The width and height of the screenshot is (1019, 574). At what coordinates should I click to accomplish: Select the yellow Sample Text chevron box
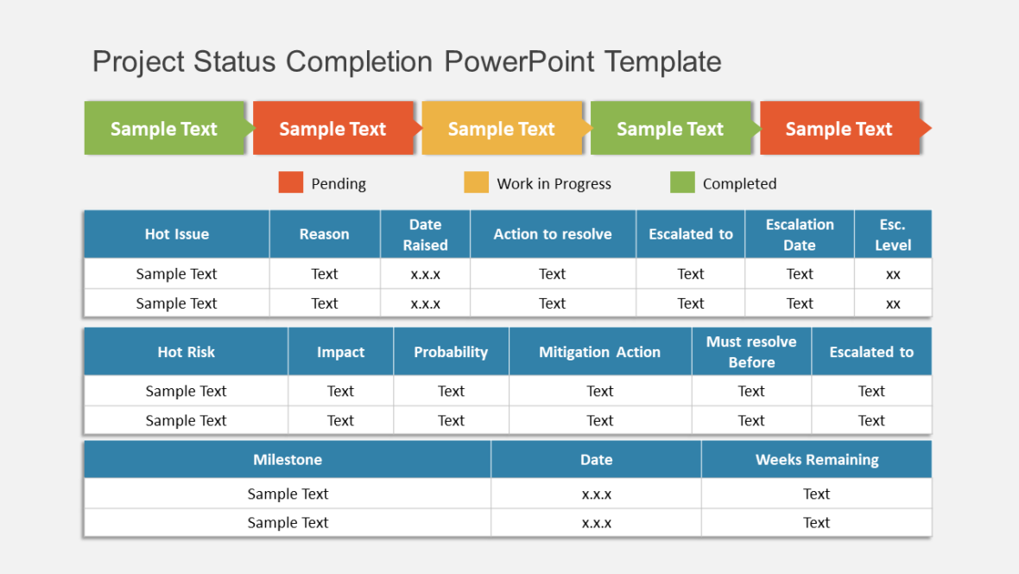502,129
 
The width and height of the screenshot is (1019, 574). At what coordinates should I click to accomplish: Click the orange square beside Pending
291,182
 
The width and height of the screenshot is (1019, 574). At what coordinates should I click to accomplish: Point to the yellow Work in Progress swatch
476,182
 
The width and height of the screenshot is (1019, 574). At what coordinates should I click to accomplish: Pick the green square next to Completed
682,182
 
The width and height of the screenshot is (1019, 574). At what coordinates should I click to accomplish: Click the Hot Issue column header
176,234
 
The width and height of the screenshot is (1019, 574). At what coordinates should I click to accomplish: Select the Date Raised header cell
425,234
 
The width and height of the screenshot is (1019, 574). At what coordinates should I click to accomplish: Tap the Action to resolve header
553,234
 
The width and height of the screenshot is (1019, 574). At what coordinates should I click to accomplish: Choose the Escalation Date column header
800,234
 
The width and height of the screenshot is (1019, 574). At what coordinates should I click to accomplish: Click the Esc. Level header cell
892,234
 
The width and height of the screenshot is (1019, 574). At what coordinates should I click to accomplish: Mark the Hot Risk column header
186,352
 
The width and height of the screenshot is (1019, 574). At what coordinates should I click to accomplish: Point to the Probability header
451,352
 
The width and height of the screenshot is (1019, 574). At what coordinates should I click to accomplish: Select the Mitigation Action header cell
599,352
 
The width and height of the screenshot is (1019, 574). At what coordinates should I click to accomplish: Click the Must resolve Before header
751,352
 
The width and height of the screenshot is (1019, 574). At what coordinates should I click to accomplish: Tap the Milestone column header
288,460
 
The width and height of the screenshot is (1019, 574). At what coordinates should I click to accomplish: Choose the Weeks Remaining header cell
816,460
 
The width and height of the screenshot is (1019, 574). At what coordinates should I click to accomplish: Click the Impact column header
340,352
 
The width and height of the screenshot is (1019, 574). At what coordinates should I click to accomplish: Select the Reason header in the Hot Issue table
324,234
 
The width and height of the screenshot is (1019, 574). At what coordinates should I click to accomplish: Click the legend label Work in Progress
554,184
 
